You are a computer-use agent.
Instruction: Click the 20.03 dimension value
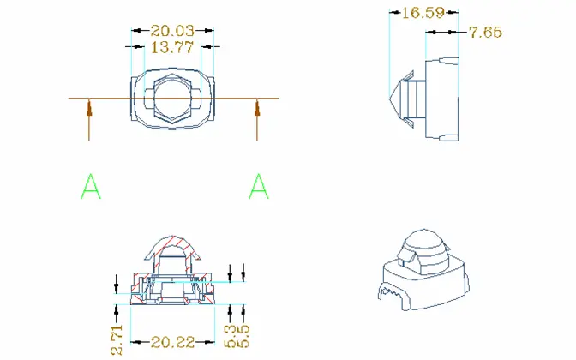(x=172, y=31)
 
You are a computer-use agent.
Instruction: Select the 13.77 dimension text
(x=172, y=47)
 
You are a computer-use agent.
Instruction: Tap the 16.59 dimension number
(x=423, y=13)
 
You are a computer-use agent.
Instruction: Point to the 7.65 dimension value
(x=486, y=33)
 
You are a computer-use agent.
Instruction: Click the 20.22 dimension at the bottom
(x=172, y=342)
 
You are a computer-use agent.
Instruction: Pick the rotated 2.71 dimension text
(x=117, y=339)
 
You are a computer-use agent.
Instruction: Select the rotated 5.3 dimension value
(x=231, y=336)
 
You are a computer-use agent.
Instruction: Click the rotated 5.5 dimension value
(x=243, y=336)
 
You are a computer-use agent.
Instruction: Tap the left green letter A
(x=91, y=186)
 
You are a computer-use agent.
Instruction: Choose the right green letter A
(x=259, y=186)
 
